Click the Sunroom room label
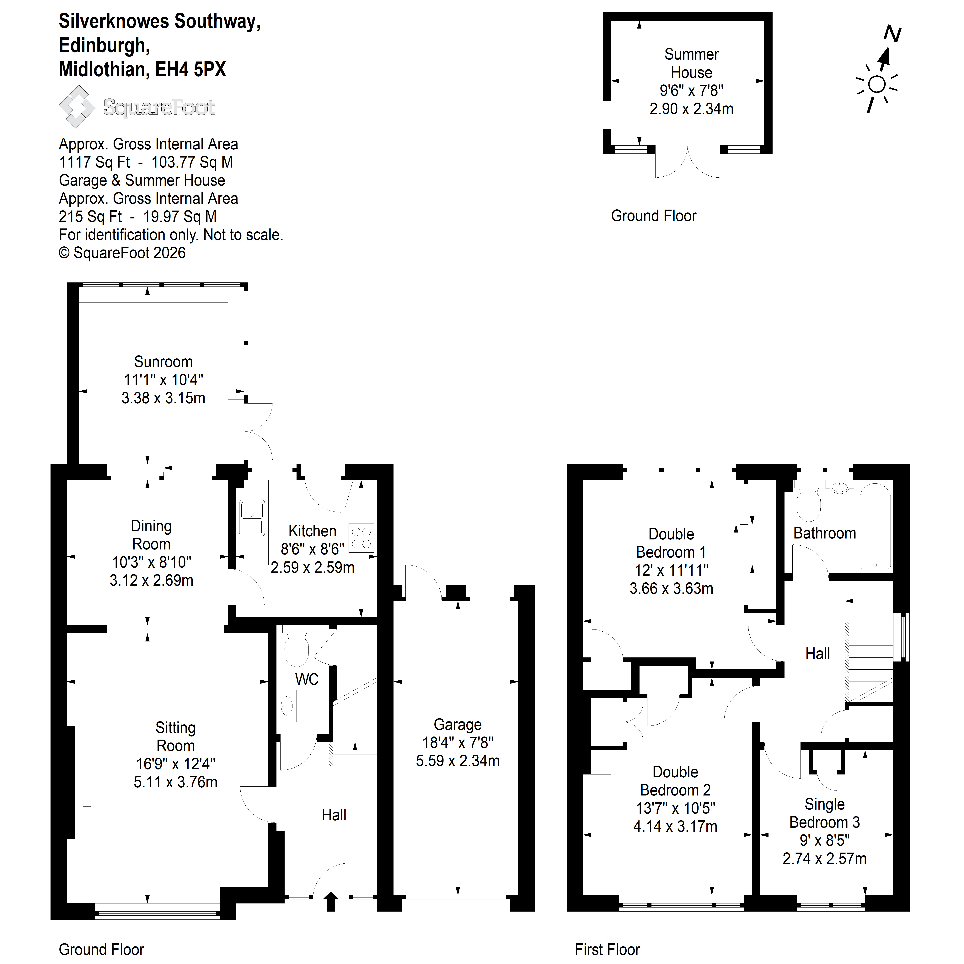[x=163, y=362]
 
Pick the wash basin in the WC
[x=287, y=705]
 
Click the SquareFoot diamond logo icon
[x=77, y=107]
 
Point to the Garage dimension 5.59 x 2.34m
[x=458, y=761]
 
